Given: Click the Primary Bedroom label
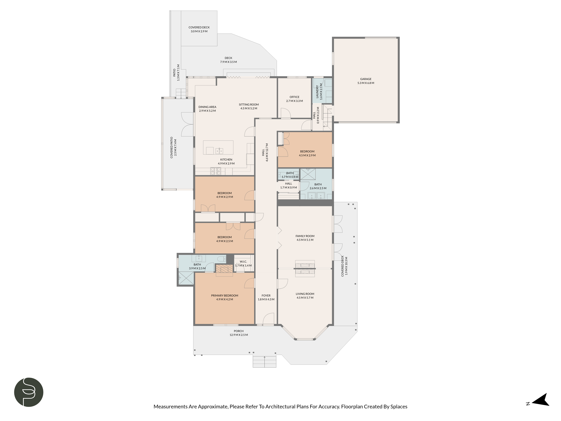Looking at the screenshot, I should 224,295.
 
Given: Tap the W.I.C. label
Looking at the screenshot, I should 243,262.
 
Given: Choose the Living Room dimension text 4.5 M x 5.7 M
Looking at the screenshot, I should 305,298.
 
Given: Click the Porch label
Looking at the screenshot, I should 238,331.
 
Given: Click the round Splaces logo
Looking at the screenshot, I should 29,392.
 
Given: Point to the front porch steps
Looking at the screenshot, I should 264,362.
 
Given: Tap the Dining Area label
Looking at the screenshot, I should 207,107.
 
